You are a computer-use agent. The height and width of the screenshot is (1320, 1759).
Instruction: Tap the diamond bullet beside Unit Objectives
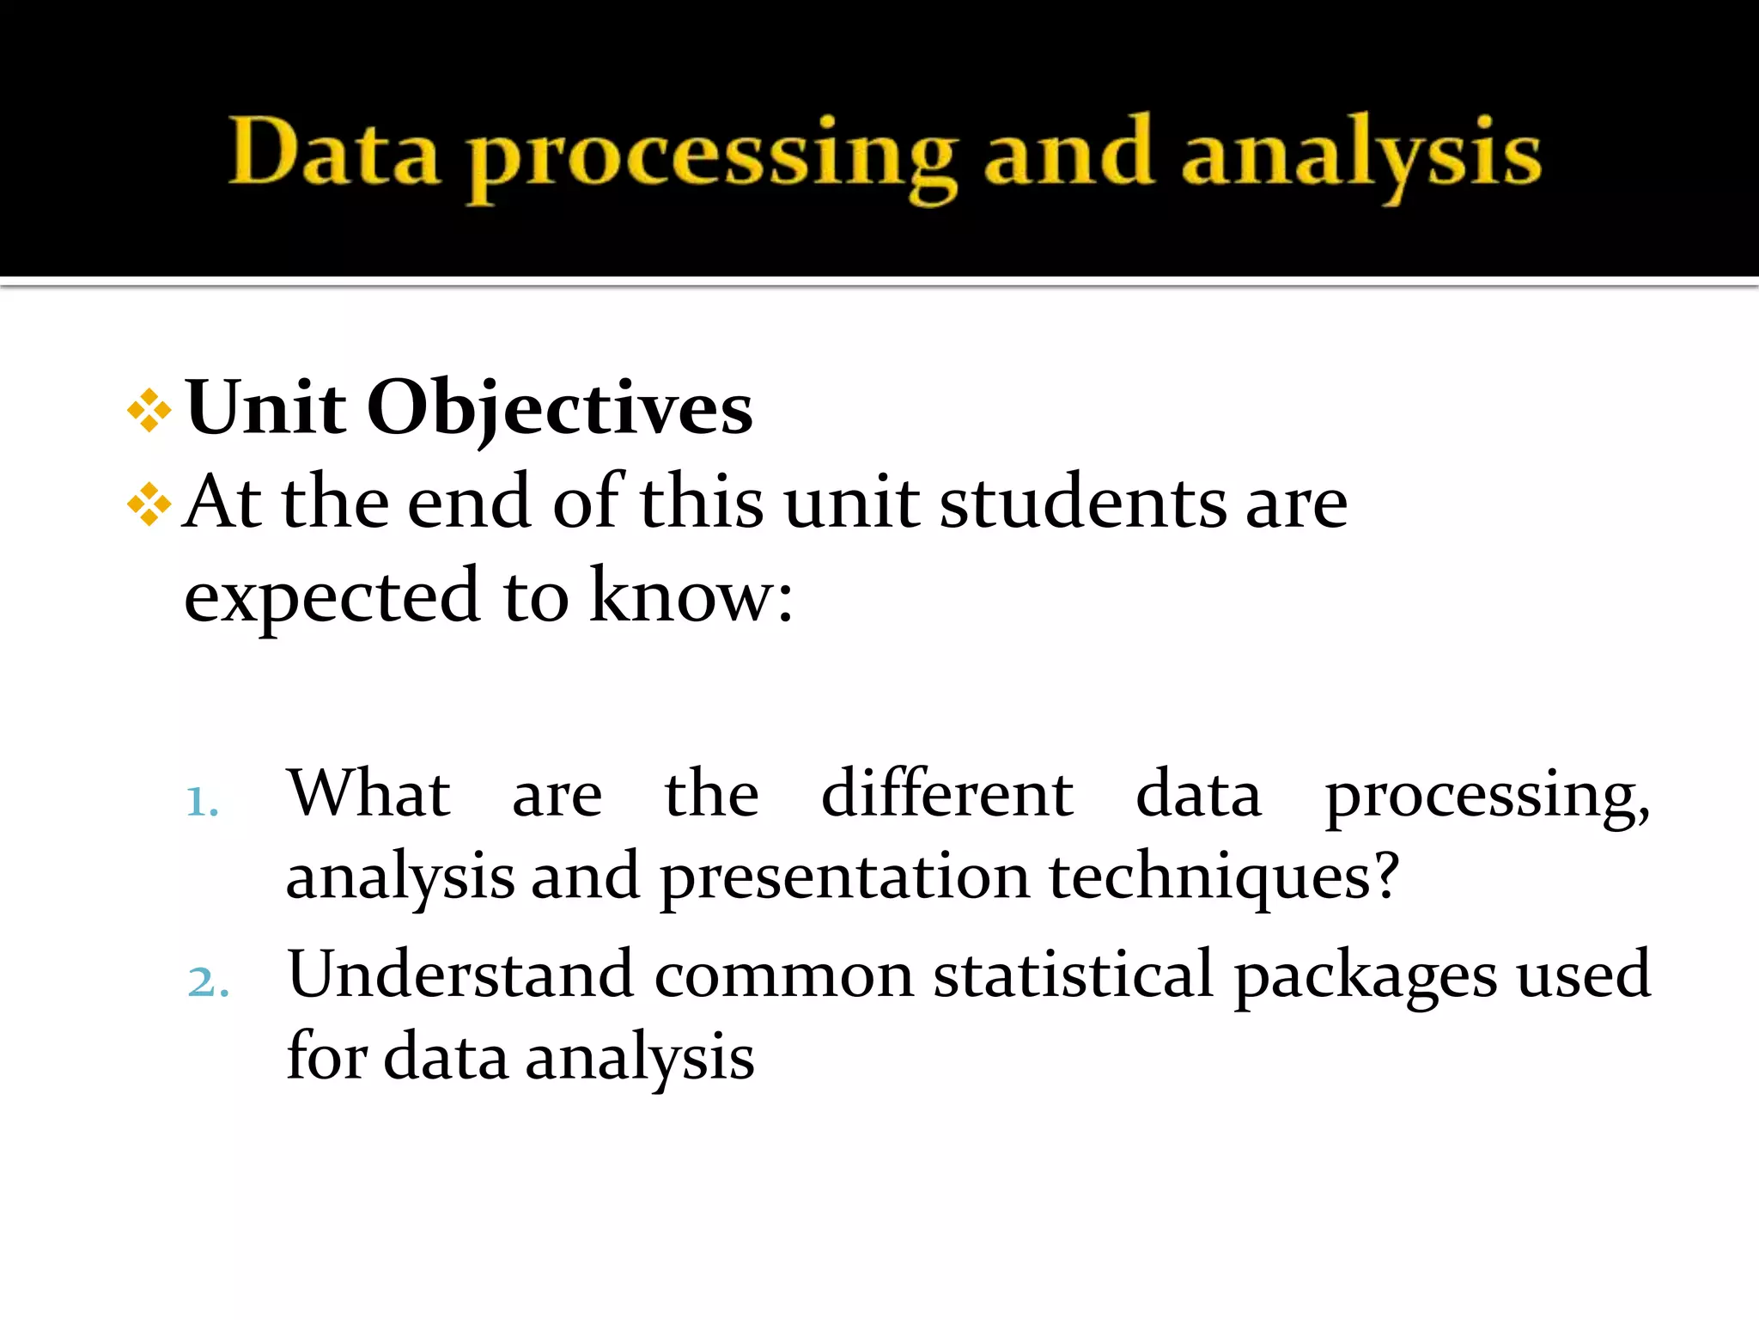(x=149, y=411)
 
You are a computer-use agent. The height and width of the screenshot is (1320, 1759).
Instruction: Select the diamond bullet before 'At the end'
(x=149, y=504)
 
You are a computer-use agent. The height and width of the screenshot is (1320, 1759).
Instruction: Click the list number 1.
(x=202, y=803)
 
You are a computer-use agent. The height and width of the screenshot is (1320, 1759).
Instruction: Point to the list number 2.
(x=208, y=982)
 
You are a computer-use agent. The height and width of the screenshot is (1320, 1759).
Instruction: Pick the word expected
(x=332, y=597)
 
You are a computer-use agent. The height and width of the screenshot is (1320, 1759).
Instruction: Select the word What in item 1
(x=368, y=793)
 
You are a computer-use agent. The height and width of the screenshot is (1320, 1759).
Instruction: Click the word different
(x=946, y=793)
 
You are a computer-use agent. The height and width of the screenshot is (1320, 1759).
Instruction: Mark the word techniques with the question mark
(x=1224, y=877)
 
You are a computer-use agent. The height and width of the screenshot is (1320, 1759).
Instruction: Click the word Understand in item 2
(x=460, y=975)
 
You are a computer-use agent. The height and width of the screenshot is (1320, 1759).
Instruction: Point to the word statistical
(x=1074, y=975)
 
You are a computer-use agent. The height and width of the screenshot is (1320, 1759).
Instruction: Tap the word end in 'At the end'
(x=469, y=503)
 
